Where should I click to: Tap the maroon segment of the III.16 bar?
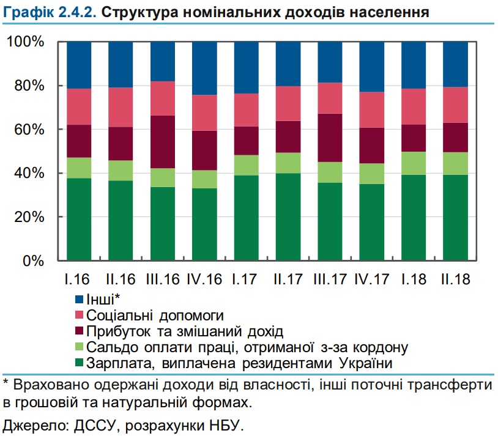pyautogui.click(x=163, y=142)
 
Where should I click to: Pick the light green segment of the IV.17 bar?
pyautogui.click(x=371, y=174)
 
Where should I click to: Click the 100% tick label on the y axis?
pyautogui.click(x=26, y=42)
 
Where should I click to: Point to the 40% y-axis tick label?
pyautogui.click(x=29, y=174)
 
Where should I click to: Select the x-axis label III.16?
pyautogui.click(x=163, y=280)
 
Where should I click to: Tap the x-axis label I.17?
pyautogui.click(x=245, y=280)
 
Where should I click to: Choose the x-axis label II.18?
pyautogui.click(x=455, y=280)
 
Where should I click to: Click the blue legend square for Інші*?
pyautogui.click(x=78, y=300)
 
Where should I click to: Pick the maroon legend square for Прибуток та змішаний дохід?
pyautogui.click(x=78, y=332)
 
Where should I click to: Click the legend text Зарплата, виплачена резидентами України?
pyautogui.click(x=239, y=363)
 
